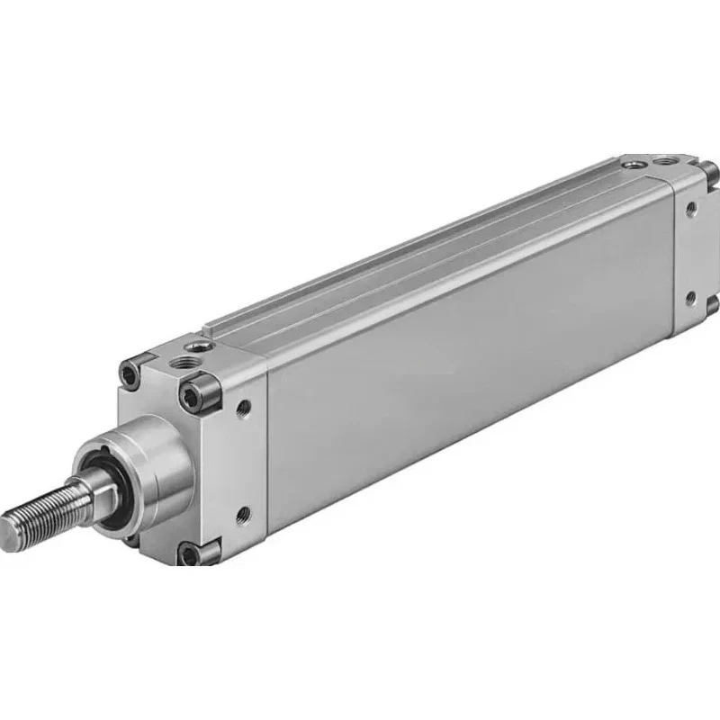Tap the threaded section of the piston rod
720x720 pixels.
(x=45, y=508)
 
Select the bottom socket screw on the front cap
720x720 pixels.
(x=190, y=553)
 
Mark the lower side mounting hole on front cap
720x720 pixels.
(x=242, y=515)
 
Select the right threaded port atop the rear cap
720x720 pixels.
(x=667, y=160)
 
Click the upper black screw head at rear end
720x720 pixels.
(x=710, y=171)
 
